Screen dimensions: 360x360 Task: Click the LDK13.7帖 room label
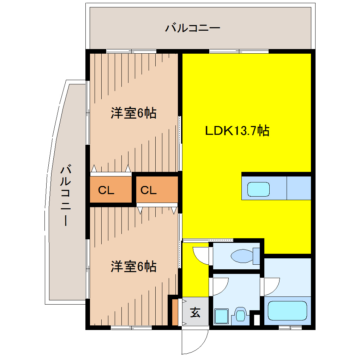[x=238, y=131]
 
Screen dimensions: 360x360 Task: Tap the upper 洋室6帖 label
[x=133, y=113]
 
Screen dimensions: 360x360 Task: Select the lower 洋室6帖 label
[x=133, y=266]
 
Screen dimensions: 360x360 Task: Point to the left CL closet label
[x=106, y=191]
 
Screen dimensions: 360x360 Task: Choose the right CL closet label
[x=149, y=191]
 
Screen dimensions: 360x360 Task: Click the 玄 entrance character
[x=195, y=312]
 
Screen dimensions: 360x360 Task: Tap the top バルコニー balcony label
[x=193, y=28]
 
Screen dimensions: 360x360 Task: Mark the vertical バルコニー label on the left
[x=66, y=196]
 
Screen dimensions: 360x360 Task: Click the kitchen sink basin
[x=258, y=189]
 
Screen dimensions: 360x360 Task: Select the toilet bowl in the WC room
[x=244, y=256]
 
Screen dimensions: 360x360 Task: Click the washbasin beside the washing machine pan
[x=241, y=314]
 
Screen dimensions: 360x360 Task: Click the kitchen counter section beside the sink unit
[x=299, y=187]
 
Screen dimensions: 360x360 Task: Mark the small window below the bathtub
[x=290, y=328]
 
